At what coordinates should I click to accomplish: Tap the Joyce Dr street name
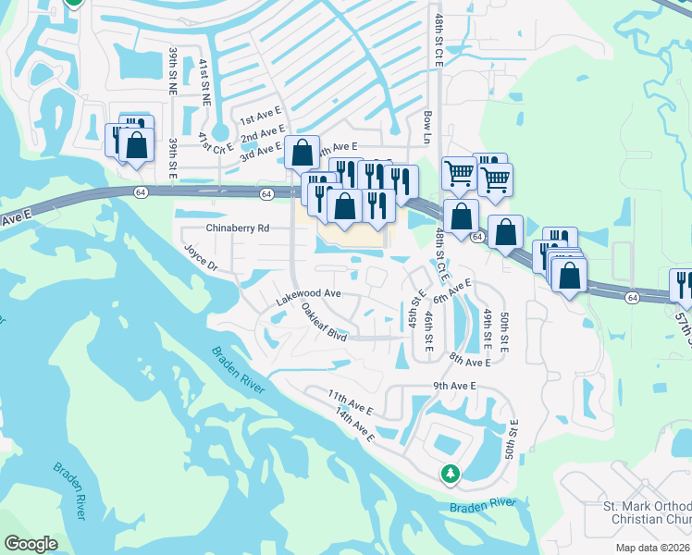(200, 258)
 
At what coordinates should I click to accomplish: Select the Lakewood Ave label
(309, 293)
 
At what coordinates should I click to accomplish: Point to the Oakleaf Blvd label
(324, 324)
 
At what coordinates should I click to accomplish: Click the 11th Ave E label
(350, 401)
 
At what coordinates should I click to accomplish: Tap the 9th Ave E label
(453, 386)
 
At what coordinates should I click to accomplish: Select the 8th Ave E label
(469, 359)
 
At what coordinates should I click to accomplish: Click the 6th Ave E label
(452, 290)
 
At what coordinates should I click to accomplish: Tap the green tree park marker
(451, 473)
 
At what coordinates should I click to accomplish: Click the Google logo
(31, 544)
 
